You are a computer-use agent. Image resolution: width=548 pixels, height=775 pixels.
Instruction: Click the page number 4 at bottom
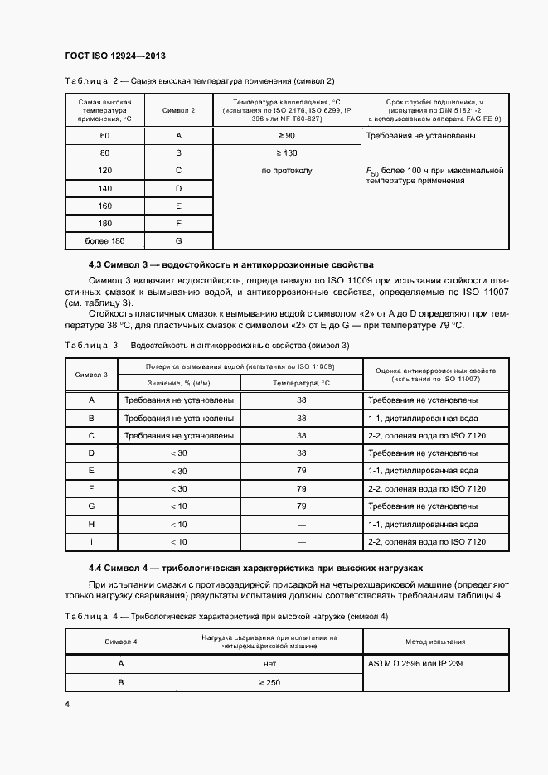pyautogui.click(x=67, y=704)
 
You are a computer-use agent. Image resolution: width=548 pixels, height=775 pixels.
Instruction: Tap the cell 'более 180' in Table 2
pyautogui.click(x=104, y=240)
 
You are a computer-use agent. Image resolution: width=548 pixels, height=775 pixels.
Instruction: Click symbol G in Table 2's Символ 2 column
pyautogui.click(x=178, y=240)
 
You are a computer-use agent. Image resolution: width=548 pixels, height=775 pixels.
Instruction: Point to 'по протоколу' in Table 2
pyautogui.click(x=287, y=171)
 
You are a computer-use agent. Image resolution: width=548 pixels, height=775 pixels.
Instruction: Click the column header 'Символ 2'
pyautogui.click(x=178, y=109)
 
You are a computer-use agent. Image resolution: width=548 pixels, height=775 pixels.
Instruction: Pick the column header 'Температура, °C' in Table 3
pyautogui.click(x=302, y=382)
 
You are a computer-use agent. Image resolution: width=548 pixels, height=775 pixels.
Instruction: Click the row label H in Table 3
pyautogui.click(x=91, y=524)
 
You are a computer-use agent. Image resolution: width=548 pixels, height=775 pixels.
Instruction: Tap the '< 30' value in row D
pyautogui.click(x=178, y=453)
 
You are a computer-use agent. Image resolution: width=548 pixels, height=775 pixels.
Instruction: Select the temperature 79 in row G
pyautogui.click(x=302, y=506)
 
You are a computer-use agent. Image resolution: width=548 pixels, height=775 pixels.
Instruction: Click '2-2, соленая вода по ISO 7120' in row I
pyautogui.click(x=426, y=542)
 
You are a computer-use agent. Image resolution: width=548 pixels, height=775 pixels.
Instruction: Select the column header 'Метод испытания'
pyautogui.click(x=434, y=642)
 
